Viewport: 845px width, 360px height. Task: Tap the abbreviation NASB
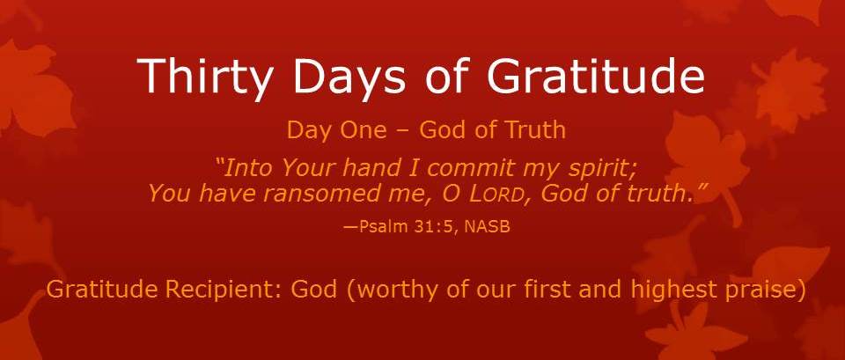point(487,227)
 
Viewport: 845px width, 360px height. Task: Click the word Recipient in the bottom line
point(224,290)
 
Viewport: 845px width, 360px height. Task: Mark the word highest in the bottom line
point(668,290)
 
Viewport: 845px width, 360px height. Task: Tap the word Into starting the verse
point(246,169)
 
